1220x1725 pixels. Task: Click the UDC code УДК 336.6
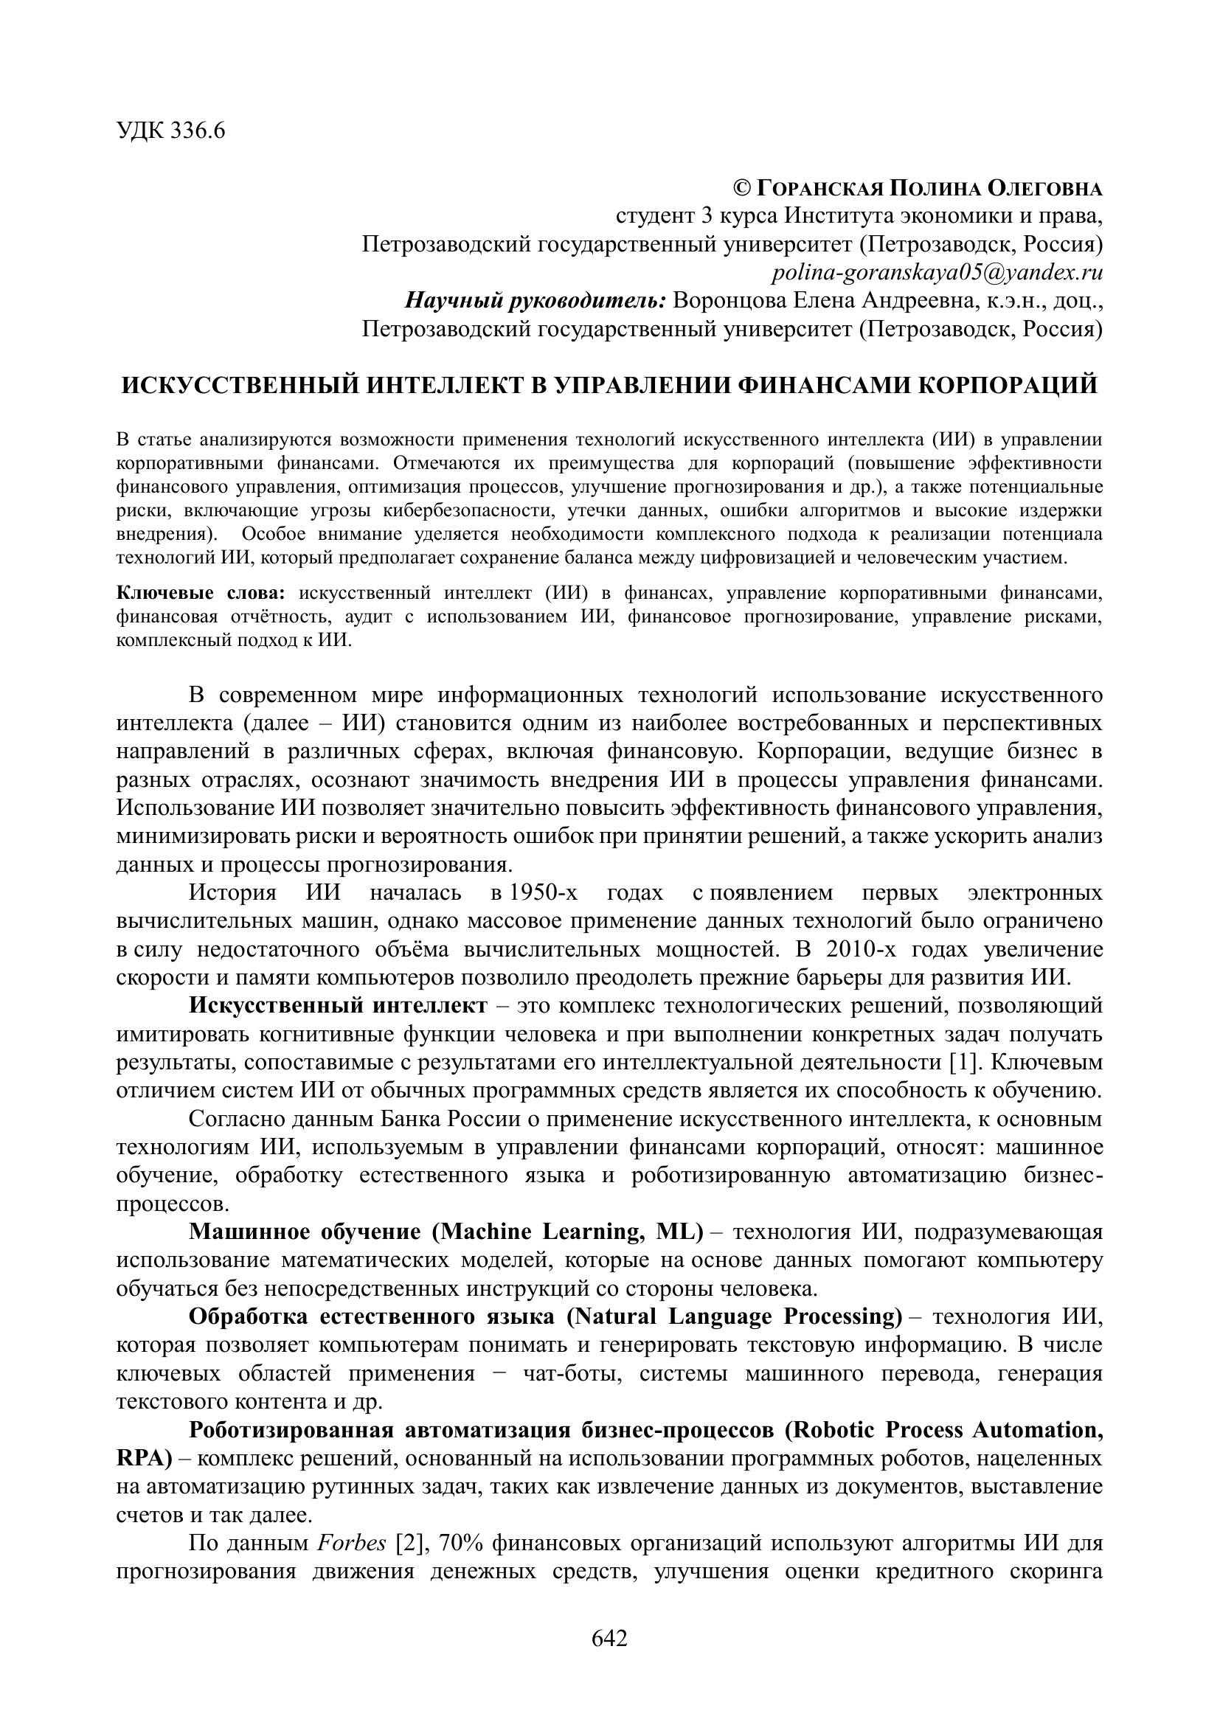tap(171, 131)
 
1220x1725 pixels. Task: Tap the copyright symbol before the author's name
tap(741, 188)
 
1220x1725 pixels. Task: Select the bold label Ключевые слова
tap(201, 594)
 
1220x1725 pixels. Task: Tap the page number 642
tap(609, 1637)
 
